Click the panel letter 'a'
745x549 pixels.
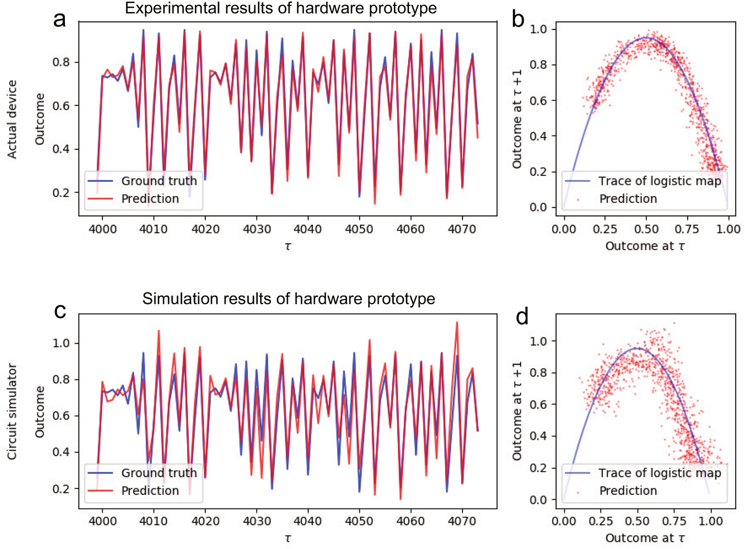pos(60,19)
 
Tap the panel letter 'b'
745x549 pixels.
pos(518,19)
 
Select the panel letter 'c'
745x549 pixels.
pos(60,311)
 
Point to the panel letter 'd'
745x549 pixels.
pos(522,316)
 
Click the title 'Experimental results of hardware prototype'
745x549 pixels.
pos(281,8)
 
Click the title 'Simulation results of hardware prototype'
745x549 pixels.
pos(288,299)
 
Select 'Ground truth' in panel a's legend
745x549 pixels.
pos(158,181)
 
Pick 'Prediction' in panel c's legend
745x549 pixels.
pos(150,491)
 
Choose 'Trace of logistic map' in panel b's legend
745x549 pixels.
pos(659,181)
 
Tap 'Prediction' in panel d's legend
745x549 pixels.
pos(628,491)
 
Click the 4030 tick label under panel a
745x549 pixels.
pos(256,229)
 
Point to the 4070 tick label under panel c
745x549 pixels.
pos(462,521)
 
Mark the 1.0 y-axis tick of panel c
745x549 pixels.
pos(61,343)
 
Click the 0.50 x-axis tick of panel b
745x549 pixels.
pos(646,229)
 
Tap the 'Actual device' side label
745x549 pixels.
pos(12,119)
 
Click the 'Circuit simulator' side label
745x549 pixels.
pos(12,411)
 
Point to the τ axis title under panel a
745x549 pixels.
pos(288,246)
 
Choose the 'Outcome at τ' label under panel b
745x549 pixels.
pos(645,246)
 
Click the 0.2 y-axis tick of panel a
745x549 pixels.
pos(61,192)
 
